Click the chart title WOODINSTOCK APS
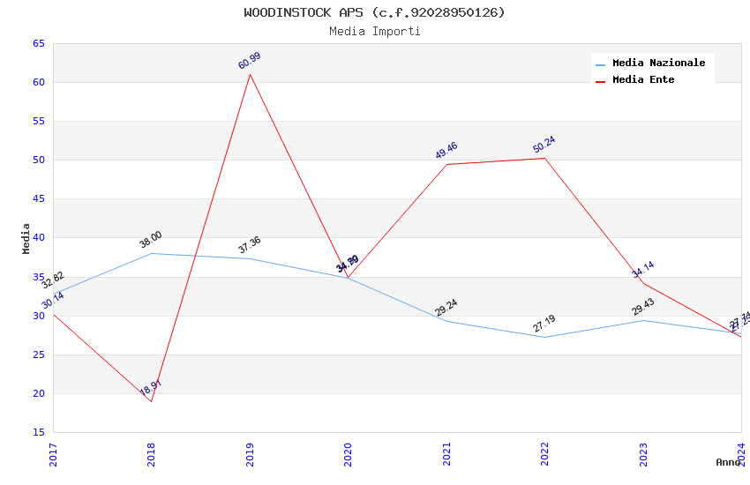tap(374, 12)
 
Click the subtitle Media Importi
tap(374, 31)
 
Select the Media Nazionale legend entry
tap(658, 63)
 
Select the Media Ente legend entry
tap(643, 79)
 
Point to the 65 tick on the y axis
tap(38, 43)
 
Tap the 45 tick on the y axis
tap(38, 199)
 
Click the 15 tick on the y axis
tap(38, 432)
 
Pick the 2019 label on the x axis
tap(250, 455)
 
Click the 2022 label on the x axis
tap(544, 455)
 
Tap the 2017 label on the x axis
tap(53, 455)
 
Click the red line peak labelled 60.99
tap(250, 73)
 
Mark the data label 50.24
tap(544, 145)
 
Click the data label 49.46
tap(446, 151)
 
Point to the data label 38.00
tap(151, 240)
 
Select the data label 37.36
tap(250, 245)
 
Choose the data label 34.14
tap(643, 270)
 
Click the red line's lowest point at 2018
tap(151, 401)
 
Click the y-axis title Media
tap(26, 238)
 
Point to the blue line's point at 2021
tap(446, 321)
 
